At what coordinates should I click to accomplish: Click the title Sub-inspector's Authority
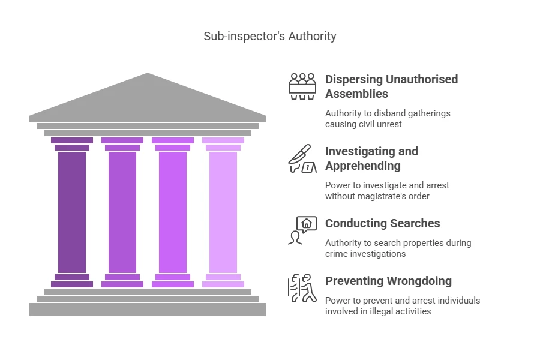270,36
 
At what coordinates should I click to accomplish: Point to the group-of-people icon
302,86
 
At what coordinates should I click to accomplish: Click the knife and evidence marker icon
302,158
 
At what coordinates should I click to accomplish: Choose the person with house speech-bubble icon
302,230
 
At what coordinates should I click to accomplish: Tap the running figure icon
302,288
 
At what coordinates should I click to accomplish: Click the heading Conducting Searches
382,223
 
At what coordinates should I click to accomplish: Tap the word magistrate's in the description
392,196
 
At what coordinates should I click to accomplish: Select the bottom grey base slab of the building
148,309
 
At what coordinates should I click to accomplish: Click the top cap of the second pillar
122,140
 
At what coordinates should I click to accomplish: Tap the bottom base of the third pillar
173,284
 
